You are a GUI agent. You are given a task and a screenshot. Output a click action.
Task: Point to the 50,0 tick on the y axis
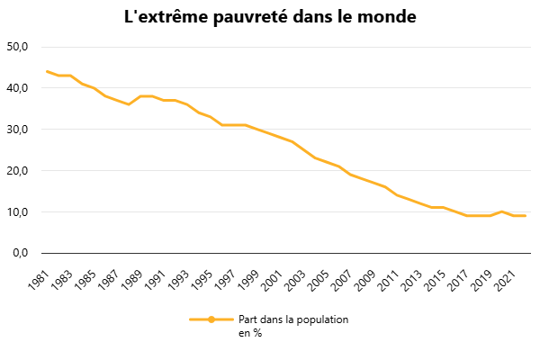[x=17, y=47]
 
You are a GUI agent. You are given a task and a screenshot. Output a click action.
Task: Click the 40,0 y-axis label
[x=17, y=88]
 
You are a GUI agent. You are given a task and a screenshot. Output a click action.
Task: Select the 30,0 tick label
[x=17, y=130]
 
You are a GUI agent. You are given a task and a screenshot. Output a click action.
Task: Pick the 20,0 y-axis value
[x=17, y=170]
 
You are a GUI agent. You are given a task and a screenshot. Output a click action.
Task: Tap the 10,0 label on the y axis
[x=17, y=211]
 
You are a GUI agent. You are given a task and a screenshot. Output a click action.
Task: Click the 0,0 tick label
[x=21, y=253]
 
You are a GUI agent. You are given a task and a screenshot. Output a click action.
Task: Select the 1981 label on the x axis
[x=39, y=280]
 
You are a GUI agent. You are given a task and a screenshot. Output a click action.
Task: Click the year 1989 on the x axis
[x=132, y=280]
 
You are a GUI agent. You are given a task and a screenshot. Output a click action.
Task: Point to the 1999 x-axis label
[x=248, y=280]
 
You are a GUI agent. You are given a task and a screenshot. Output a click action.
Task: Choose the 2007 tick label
[x=341, y=280]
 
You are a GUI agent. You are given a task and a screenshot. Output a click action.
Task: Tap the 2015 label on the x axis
[x=435, y=280]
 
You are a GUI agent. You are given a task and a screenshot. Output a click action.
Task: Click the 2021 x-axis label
[x=505, y=280]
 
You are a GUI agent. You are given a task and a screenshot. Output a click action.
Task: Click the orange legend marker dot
[x=211, y=319]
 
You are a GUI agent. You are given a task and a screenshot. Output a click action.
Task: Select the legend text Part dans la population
[x=293, y=319]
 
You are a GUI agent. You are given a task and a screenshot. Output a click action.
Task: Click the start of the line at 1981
[x=47, y=71]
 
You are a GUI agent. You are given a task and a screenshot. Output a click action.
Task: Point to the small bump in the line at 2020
[x=502, y=211]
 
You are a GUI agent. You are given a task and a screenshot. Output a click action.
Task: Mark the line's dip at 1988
[x=129, y=104]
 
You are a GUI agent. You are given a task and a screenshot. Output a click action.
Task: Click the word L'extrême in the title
[x=166, y=16]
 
